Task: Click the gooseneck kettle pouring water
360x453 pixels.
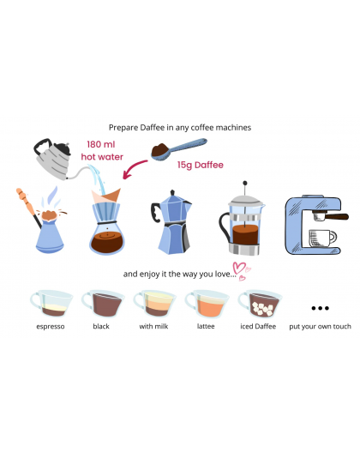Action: click(x=55, y=158)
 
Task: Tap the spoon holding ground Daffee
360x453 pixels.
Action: click(x=179, y=148)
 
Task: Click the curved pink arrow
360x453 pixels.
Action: click(x=135, y=169)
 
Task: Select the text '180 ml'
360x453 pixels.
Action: click(x=101, y=144)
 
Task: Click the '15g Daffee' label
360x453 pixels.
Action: click(x=201, y=165)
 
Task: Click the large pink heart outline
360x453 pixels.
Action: click(x=239, y=268)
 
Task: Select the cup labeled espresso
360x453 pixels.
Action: click(x=51, y=303)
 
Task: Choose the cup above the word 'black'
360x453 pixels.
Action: click(x=103, y=304)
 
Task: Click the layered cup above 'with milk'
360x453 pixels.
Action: click(x=154, y=304)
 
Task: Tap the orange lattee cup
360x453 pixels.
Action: click(x=207, y=304)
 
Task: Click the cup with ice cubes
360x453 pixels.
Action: click(x=259, y=304)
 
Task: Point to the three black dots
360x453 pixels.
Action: click(x=321, y=308)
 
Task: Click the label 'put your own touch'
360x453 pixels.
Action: click(x=321, y=327)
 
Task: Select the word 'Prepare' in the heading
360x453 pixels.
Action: click(x=123, y=128)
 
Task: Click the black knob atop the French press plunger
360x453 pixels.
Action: click(x=245, y=183)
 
